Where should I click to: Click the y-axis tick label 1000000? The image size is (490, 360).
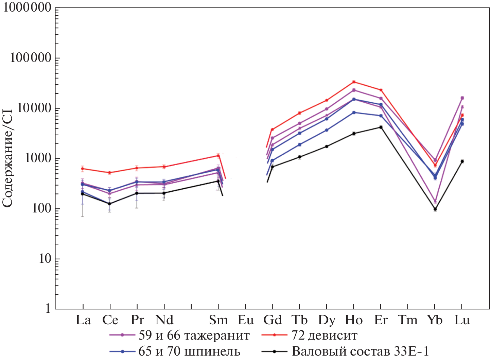pyautogui.click(x=27, y=8)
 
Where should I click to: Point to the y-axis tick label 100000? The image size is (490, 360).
pyautogui.click(x=31, y=58)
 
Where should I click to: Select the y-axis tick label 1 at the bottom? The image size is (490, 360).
pyautogui.click(x=48, y=308)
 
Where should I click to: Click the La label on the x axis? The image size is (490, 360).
pyautogui.click(x=83, y=320)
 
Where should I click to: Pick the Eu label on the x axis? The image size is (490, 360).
pyautogui.click(x=245, y=320)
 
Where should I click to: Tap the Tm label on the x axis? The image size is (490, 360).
pyautogui.click(x=408, y=320)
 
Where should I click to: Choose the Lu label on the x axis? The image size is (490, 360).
pyautogui.click(x=462, y=320)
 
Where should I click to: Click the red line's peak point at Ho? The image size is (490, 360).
pyautogui.click(x=354, y=82)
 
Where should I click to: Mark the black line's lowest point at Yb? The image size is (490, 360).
pyautogui.click(x=435, y=209)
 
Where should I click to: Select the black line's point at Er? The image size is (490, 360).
pyautogui.click(x=381, y=127)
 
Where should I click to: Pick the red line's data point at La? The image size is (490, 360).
pyautogui.click(x=83, y=169)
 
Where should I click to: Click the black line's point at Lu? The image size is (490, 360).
pyautogui.click(x=462, y=161)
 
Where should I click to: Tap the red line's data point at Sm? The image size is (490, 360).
pyautogui.click(x=218, y=156)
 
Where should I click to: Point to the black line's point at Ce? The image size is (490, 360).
pyautogui.click(x=109, y=204)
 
